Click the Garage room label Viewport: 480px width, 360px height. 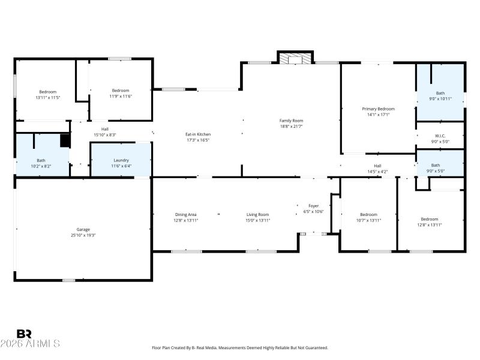point(83,229)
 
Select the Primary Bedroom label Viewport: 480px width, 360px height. point(378,109)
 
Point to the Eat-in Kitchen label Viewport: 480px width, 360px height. point(197,134)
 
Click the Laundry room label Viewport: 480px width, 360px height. point(121,160)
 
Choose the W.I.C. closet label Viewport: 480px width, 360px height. point(440,136)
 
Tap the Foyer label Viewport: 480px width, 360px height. point(314,206)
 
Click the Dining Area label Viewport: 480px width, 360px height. point(185,214)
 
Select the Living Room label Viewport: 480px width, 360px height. point(258,214)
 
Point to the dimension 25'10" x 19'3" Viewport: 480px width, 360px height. point(83,235)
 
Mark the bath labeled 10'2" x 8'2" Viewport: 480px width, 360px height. point(41,163)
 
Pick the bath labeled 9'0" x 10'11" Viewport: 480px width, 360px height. point(440,96)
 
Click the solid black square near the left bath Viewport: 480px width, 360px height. point(65,140)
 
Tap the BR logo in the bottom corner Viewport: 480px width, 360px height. point(24,334)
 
